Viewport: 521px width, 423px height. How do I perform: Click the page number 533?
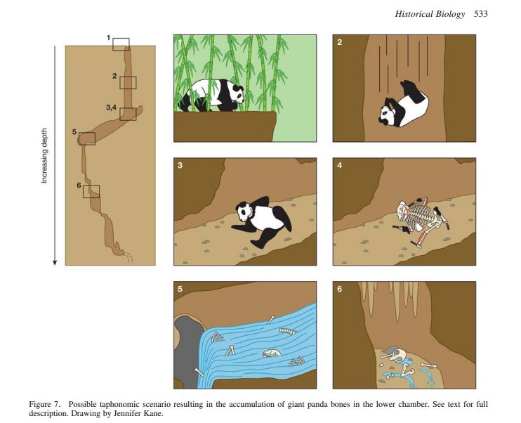coord(481,14)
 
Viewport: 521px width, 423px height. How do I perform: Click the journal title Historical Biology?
coord(430,14)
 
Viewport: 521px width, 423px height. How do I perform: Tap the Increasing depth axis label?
coord(44,155)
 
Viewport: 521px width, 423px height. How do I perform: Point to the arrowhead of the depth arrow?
coord(55,263)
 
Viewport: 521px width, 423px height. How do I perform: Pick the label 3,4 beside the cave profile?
coord(112,108)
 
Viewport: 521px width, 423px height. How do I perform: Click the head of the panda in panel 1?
coord(238,94)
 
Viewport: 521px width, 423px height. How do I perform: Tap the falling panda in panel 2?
coord(403,104)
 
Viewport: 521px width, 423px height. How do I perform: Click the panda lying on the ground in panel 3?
coord(261,221)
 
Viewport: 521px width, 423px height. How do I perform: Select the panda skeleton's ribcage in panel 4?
coord(420,216)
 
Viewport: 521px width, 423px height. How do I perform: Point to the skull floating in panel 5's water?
coord(272,353)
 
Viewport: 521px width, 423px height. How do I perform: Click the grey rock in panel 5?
coord(186,349)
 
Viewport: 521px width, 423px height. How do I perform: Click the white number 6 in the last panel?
coord(339,289)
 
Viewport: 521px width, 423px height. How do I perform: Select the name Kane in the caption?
coord(154,414)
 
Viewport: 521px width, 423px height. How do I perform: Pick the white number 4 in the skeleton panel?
coord(339,165)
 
